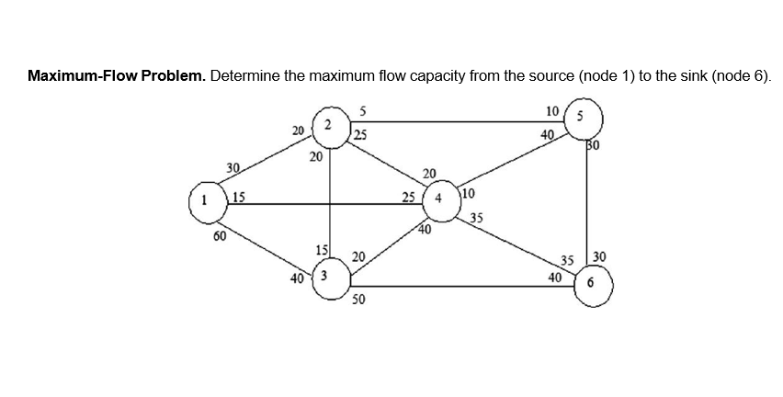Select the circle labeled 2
click(x=329, y=123)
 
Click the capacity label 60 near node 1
click(x=220, y=236)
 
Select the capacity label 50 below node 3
click(x=358, y=301)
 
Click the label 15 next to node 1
click(x=239, y=194)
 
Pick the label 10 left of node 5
click(x=551, y=111)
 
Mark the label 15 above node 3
click(x=321, y=250)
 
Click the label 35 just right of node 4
click(x=476, y=218)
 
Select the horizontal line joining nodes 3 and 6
click(x=460, y=286)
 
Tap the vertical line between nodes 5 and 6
click(x=584, y=202)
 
